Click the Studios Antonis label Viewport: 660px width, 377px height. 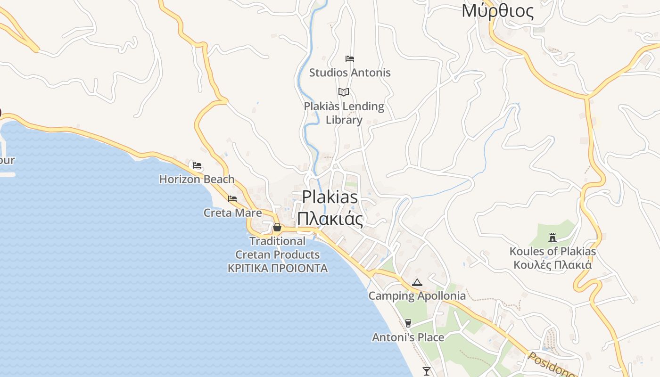click(350, 73)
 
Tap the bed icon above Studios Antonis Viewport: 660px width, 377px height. click(350, 59)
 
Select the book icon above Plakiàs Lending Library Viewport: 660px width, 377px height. click(344, 92)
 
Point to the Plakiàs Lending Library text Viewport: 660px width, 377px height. click(344, 113)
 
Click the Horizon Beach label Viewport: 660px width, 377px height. click(197, 179)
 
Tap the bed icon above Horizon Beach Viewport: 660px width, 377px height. click(197, 165)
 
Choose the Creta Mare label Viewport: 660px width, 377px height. click(232, 213)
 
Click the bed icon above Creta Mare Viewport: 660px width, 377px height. click(232, 199)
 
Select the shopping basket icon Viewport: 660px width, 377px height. click(277, 228)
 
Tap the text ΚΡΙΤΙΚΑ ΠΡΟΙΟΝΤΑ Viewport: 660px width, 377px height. click(277, 269)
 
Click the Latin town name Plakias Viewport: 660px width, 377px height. click(330, 197)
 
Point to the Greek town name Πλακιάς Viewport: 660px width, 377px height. click(330, 219)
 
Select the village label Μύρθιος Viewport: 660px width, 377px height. click(498, 11)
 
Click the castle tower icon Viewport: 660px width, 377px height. click(553, 238)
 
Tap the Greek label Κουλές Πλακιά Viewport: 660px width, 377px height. click(553, 265)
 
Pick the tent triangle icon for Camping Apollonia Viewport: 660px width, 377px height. click(417, 283)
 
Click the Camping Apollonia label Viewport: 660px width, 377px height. click(417, 296)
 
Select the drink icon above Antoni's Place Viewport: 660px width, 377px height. click(408, 323)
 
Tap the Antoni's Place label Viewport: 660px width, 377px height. click(408, 337)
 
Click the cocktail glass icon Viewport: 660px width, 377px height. click(427, 371)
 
